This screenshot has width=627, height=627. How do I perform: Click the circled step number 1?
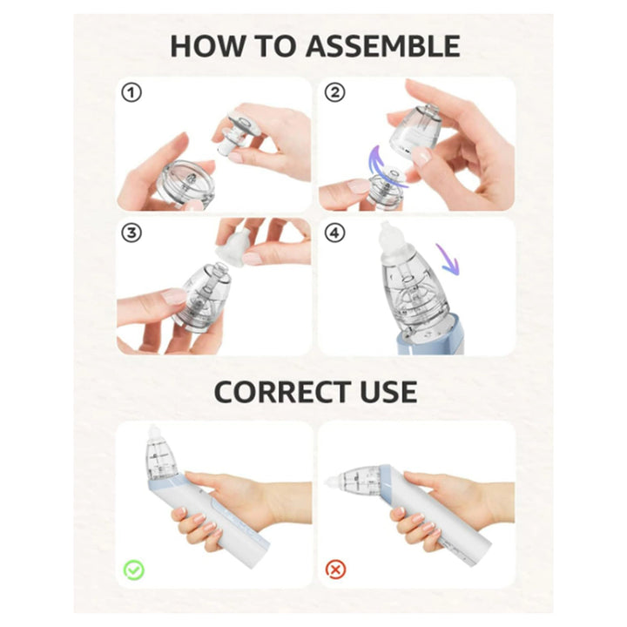pyautogui.click(x=131, y=92)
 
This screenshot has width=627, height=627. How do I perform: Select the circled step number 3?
pyautogui.click(x=131, y=233)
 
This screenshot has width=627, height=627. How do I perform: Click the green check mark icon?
pyautogui.click(x=132, y=570)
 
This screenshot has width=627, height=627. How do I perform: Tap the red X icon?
pyautogui.click(x=334, y=570)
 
